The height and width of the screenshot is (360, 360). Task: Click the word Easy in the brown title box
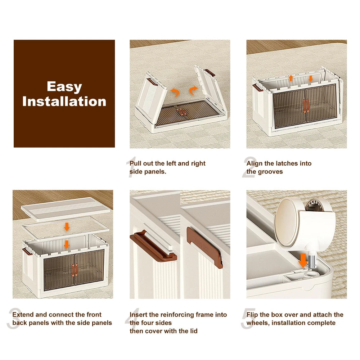pyautogui.click(x=64, y=87)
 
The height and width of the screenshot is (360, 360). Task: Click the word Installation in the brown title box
pyautogui.click(x=64, y=102)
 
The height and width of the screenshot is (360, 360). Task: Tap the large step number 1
pyautogui.click(x=132, y=167)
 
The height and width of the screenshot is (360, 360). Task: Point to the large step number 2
pyautogui.click(x=249, y=167)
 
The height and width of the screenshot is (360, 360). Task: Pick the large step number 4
pyautogui.click(x=132, y=319)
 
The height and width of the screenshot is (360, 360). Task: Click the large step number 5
pyautogui.click(x=248, y=319)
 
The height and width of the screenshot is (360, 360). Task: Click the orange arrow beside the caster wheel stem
pyautogui.click(x=303, y=260)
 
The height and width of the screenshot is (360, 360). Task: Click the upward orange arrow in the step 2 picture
pyautogui.click(x=291, y=78)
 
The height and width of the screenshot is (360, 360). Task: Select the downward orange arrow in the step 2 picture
pyautogui.click(x=311, y=78)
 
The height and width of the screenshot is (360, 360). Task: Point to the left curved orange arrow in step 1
pyautogui.click(x=175, y=92)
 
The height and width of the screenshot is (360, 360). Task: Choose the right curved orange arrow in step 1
pyautogui.click(x=193, y=90)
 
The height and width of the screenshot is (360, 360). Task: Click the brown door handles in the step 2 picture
pyautogui.click(x=306, y=106)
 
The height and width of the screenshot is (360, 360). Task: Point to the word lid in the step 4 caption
pyautogui.click(x=193, y=331)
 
